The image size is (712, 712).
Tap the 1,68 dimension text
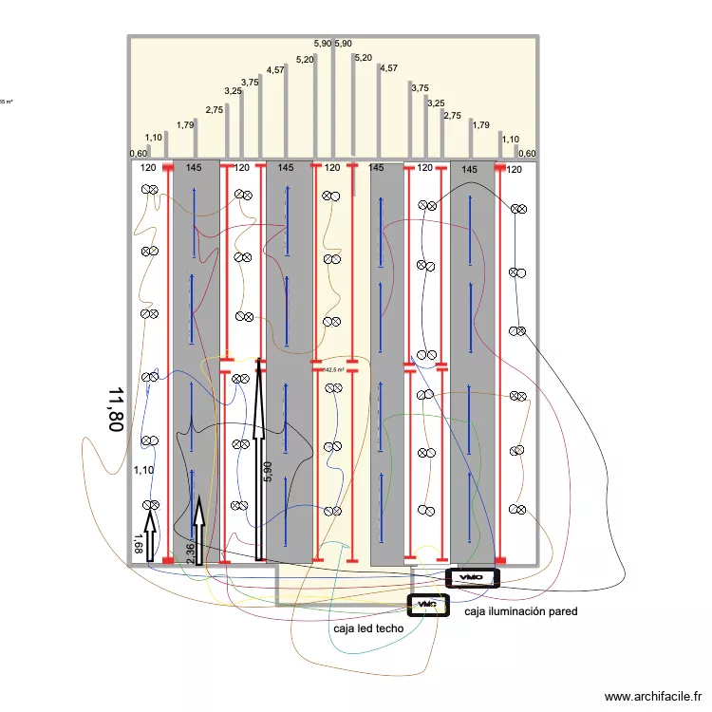[x=138, y=543]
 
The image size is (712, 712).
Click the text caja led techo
[x=368, y=628]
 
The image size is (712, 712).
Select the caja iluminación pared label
[x=520, y=612]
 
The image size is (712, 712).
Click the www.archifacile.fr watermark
[x=656, y=697]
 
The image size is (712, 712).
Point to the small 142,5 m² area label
[x=333, y=370]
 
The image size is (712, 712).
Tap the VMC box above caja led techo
[x=427, y=604]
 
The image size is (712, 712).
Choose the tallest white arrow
[x=258, y=456]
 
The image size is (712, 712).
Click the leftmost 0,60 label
[x=139, y=154]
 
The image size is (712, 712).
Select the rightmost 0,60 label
[x=527, y=154]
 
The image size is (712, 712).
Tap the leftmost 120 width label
[x=147, y=168]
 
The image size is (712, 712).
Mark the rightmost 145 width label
[x=469, y=169]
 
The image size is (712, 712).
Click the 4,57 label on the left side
[x=275, y=69]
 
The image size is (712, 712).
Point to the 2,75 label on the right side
[x=452, y=116]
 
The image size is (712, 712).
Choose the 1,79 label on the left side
[x=186, y=124]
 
